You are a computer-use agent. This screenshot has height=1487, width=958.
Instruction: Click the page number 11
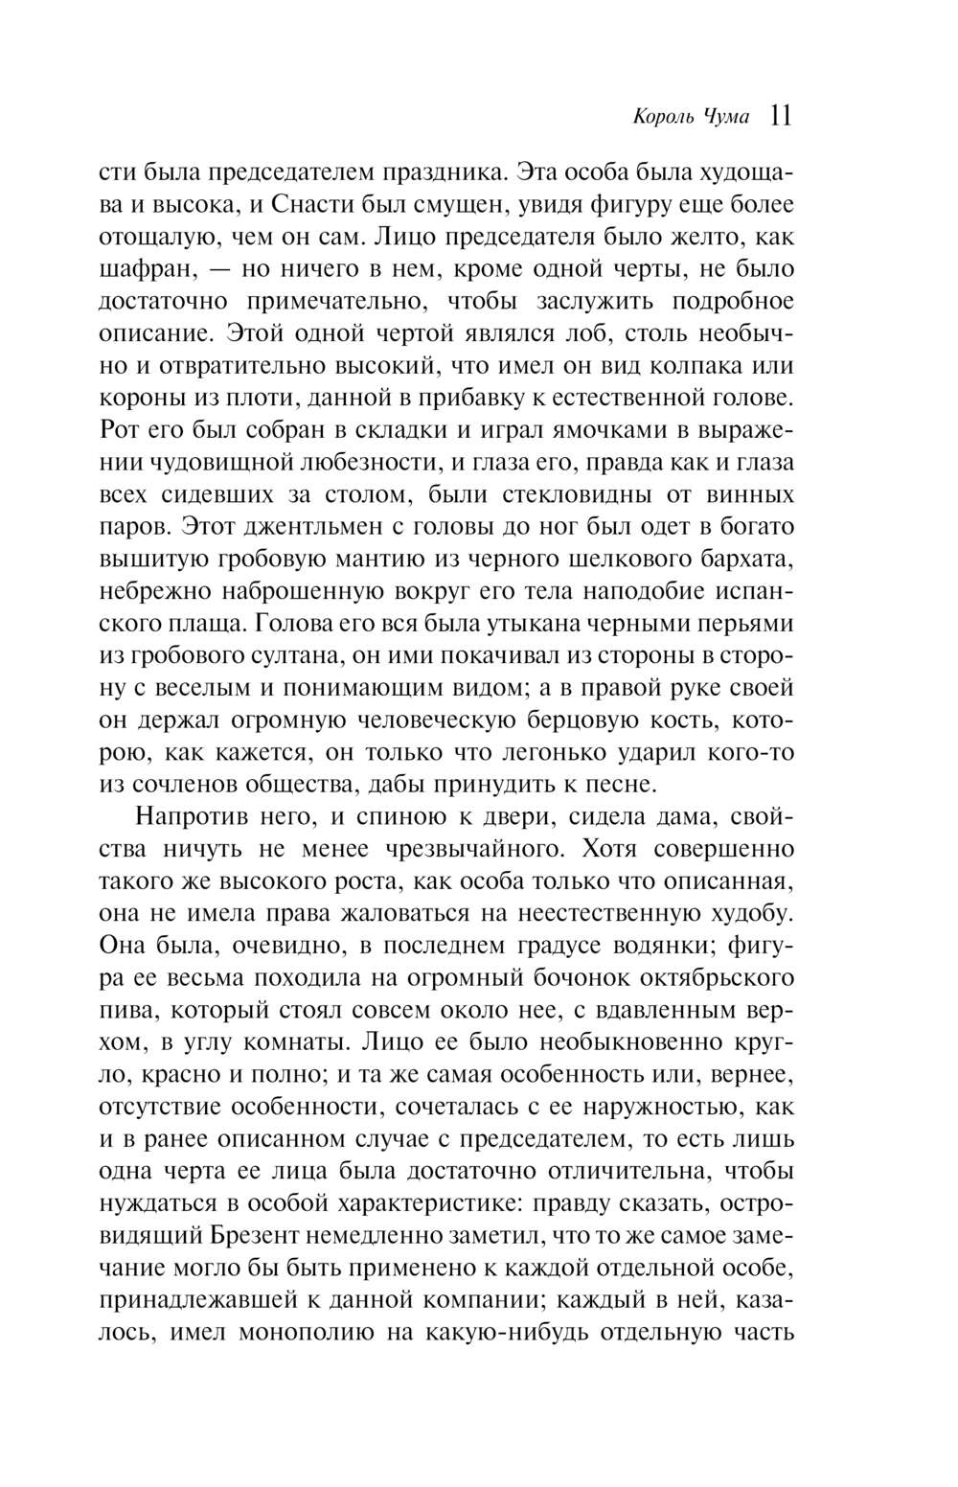pyautogui.click(x=780, y=117)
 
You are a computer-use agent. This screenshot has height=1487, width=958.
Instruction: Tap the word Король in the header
pyautogui.click(x=639, y=118)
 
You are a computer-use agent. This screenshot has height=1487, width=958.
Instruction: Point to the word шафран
pyautogui.click(x=144, y=269)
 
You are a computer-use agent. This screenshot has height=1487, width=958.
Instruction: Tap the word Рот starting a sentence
pyautogui.click(x=118, y=430)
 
